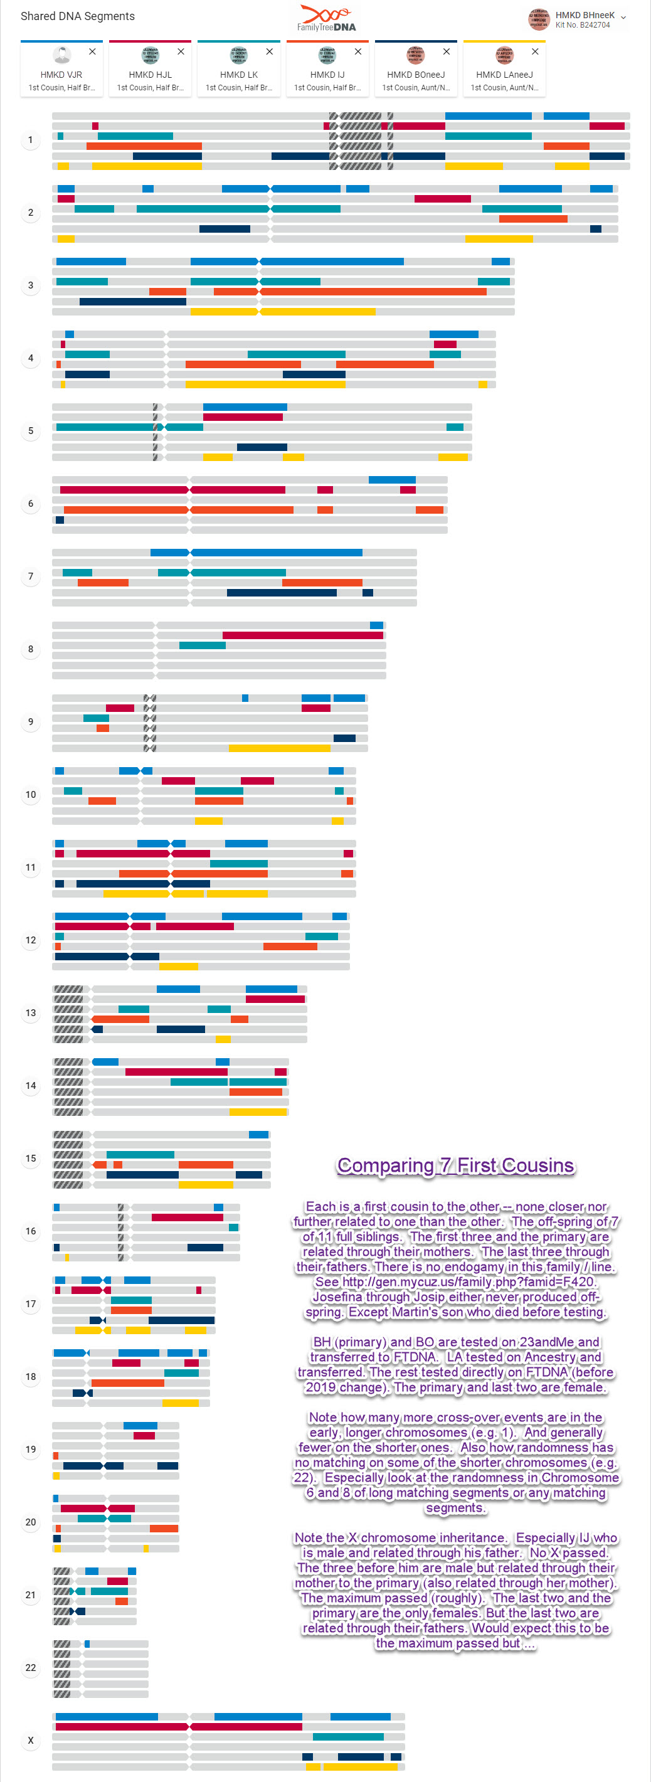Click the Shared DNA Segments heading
coord(78,16)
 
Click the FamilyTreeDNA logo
coord(327,18)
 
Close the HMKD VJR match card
coord(92,52)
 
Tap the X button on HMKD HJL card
coord(181,52)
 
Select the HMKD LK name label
coord(239,75)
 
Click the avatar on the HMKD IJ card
coord(327,55)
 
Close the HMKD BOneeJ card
coord(446,52)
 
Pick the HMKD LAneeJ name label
coord(504,75)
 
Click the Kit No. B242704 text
coord(583,26)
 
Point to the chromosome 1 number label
coord(31,141)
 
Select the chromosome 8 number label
coord(31,649)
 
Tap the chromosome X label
coord(31,1740)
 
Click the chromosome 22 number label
coord(31,1667)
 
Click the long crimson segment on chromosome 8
coord(302,635)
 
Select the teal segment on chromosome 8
coord(202,645)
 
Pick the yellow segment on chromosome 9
coord(279,748)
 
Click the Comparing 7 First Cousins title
coord(455,1165)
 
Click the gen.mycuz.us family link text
coord(468,1282)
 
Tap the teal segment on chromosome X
coord(348,1736)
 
